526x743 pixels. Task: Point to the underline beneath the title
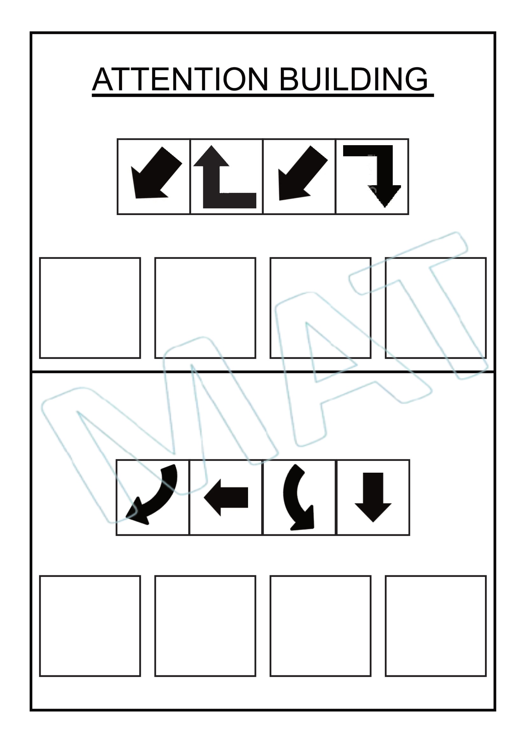[263, 95]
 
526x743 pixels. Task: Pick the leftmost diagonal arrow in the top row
[156, 172]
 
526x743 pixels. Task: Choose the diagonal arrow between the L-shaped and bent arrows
[303, 173]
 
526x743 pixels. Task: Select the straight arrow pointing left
[226, 497]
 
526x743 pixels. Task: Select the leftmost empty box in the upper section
[90, 308]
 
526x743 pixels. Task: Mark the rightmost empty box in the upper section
[436, 308]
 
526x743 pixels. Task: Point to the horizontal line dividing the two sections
[263, 372]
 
